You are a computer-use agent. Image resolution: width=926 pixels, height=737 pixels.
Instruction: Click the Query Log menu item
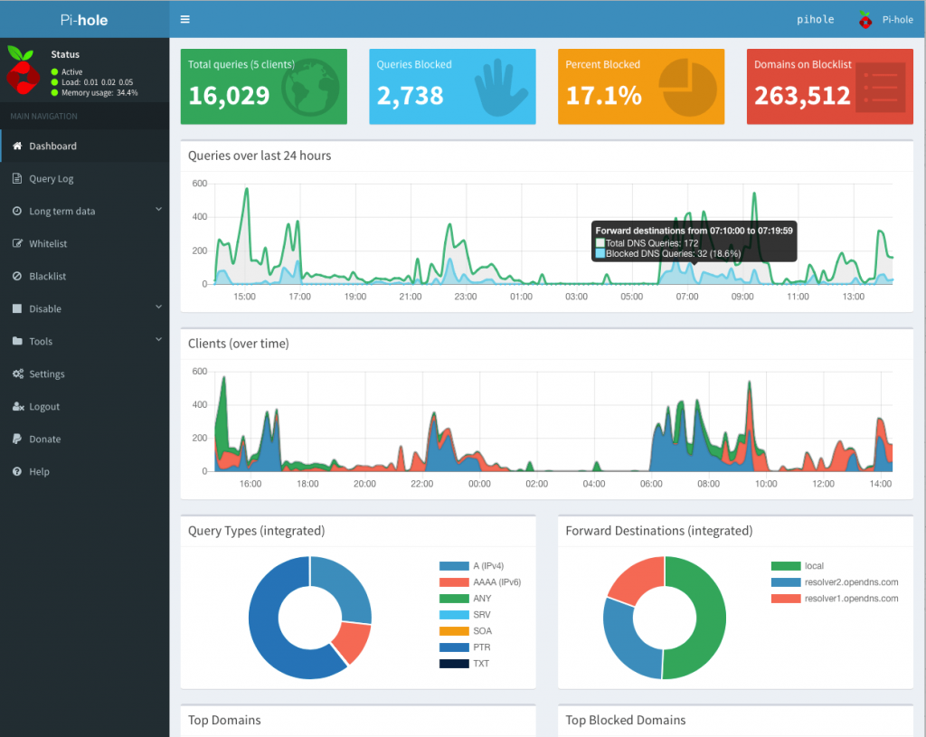pos(51,179)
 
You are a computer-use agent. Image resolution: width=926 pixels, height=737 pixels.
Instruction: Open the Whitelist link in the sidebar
pos(47,244)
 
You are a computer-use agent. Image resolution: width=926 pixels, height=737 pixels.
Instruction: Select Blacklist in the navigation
pos(47,277)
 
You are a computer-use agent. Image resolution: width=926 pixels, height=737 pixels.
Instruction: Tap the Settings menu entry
pos(46,374)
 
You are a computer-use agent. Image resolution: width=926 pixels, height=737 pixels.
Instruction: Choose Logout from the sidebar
pos(43,407)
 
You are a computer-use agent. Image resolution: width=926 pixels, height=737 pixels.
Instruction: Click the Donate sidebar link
pos(44,439)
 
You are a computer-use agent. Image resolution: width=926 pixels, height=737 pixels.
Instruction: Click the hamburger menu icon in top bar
pos(185,19)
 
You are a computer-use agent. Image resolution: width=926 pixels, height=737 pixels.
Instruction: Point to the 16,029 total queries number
pos(229,96)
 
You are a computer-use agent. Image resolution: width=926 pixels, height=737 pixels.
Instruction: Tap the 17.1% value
pos(604,96)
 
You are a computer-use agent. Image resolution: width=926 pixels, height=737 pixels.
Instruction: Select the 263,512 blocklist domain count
pos(802,96)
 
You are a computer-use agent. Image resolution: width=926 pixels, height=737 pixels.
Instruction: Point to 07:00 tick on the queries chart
pos(687,297)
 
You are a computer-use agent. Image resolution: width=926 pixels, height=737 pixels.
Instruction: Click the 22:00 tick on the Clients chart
pos(422,484)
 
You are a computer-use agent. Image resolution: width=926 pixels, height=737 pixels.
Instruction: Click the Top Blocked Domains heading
pos(626,721)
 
